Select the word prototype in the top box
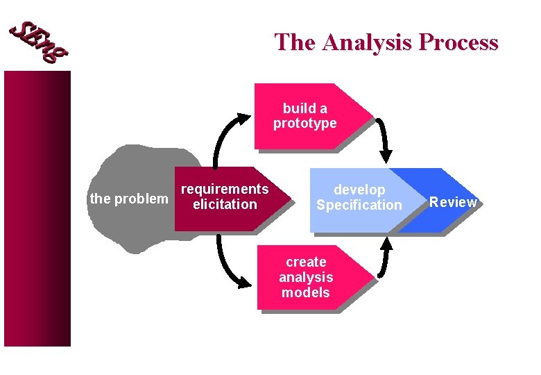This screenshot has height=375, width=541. [304, 124]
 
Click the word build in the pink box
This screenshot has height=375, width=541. [295, 108]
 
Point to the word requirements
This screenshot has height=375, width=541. [224, 189]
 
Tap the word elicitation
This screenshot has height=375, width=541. [225, 204]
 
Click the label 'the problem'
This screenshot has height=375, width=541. [129, 199]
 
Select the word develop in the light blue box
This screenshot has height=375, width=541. [359, 190]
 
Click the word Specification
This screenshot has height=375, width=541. [359, 205]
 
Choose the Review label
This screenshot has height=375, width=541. [453, 202]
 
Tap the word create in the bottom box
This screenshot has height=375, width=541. [306, 262]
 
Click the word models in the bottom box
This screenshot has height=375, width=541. [306, 292]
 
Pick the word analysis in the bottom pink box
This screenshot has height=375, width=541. [306, 277]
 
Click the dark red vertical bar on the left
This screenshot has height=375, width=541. [37, 208]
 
